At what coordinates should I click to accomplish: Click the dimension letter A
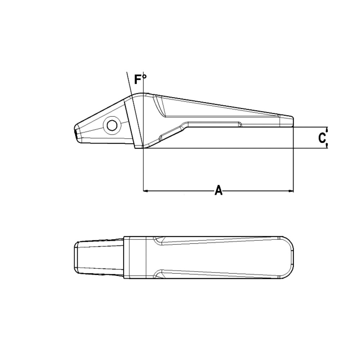(218, 190)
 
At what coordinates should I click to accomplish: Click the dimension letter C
(322, 138)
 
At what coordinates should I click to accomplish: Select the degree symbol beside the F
(145, 77)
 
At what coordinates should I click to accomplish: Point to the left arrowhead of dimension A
(146, 191)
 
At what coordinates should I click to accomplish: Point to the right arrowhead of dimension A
(291, 191)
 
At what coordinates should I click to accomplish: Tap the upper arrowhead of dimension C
(327, 129)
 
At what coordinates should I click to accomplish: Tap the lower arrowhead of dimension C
(327, 146)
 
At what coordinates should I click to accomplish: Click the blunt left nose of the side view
(75, 132)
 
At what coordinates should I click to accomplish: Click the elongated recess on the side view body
(212, 125)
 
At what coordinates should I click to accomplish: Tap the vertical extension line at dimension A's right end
(294, 162)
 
